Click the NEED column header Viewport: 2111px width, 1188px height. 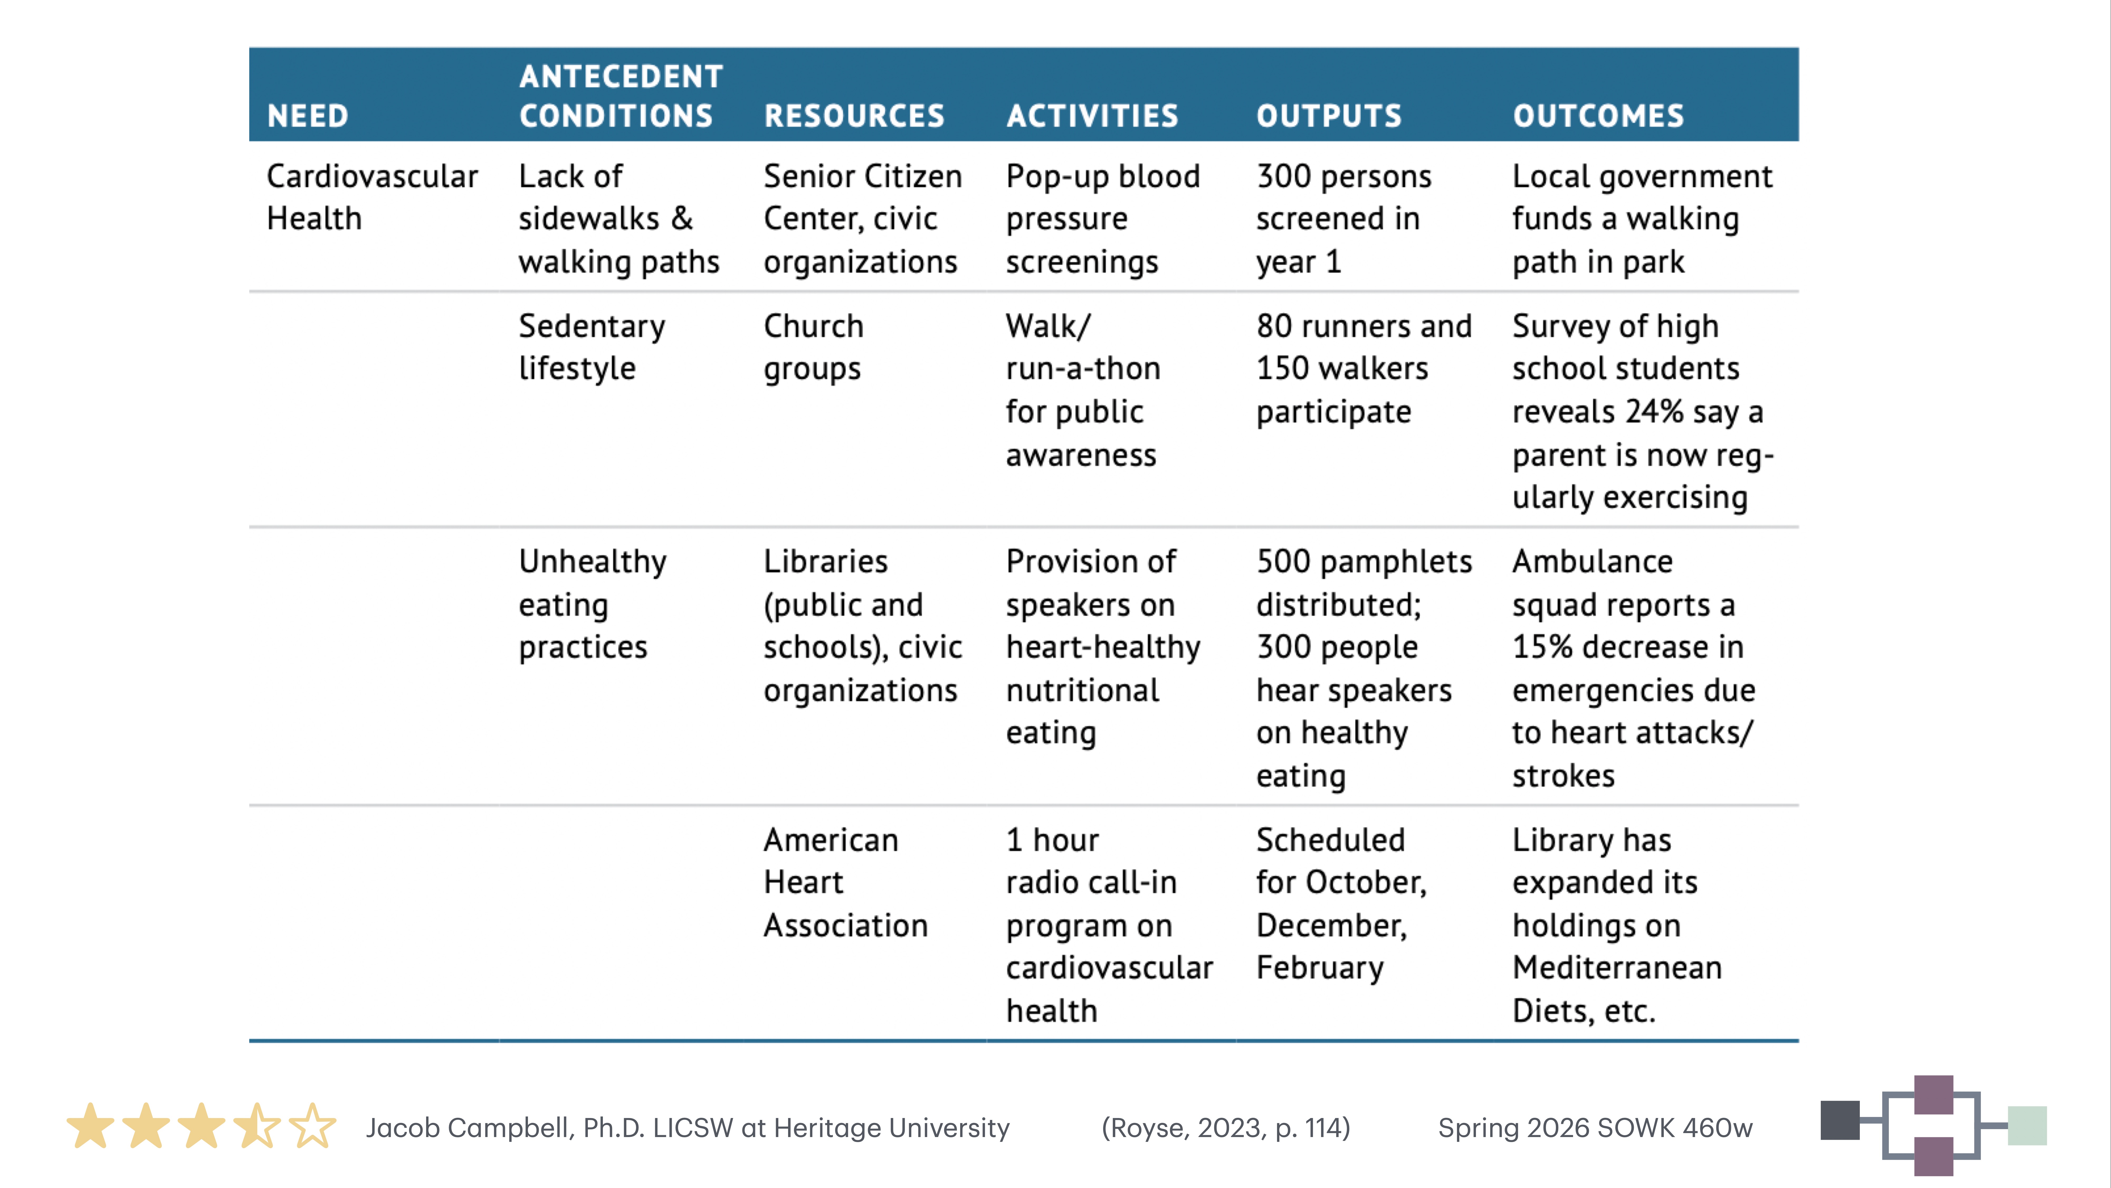[x=308, y=116]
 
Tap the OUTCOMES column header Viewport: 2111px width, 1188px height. [x=1598, y=116]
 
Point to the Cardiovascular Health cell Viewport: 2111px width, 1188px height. [x=372, y=197]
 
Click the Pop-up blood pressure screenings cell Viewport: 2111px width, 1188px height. [x=1102, y=219]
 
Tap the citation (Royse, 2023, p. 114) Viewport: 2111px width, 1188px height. [x=1225, y=1128]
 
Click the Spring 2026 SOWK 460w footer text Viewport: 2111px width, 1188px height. [x=1595, y=1128]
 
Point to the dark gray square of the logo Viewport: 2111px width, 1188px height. [x=1840, y=1120]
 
